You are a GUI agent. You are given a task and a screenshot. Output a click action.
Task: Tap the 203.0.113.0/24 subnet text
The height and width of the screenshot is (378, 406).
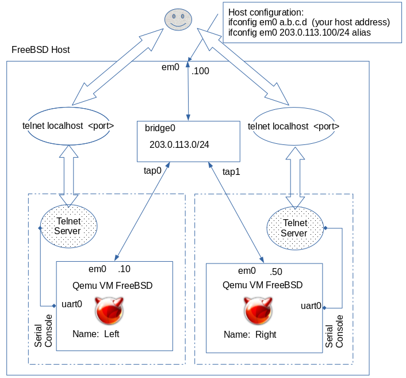[179, 144]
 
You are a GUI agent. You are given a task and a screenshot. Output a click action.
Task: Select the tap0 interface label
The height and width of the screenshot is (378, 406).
[153, 171]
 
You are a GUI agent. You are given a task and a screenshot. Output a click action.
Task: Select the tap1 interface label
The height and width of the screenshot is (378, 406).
[231, 172]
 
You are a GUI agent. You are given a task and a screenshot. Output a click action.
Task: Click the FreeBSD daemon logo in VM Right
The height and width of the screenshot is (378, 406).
[258, 311]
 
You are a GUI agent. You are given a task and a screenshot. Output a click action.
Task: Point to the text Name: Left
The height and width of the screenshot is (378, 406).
[95, 334]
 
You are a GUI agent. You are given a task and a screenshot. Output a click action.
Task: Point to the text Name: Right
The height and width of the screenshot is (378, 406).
[250, 334]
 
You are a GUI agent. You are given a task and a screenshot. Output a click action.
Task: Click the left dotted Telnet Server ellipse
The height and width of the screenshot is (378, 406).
[68, 226]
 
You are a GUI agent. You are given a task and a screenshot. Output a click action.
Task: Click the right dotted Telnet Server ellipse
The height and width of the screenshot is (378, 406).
[294, 228]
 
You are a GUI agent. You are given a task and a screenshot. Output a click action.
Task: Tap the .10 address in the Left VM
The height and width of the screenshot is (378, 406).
[124, 269]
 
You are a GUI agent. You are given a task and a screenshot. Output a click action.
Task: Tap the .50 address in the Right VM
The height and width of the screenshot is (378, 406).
[277, 270]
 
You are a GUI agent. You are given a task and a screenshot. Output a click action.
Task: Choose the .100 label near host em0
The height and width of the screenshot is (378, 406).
[200, 71]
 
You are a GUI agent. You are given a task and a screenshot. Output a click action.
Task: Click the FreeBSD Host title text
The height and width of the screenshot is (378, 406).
[41, 50]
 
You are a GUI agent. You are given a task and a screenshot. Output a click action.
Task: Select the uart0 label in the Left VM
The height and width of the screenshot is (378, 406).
[71, 303]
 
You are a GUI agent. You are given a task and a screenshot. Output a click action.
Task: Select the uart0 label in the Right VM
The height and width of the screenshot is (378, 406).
[311, 306]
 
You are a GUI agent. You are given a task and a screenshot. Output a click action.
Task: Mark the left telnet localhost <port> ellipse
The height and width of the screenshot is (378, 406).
[68, 125]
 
